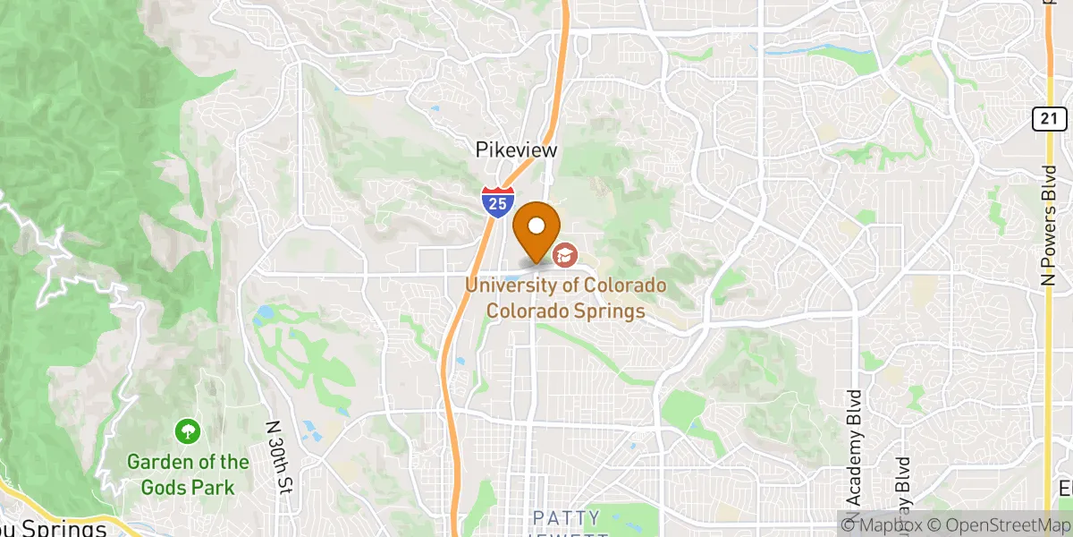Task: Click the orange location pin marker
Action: pos(537,227)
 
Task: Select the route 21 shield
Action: pos(1049,117)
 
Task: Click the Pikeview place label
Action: pos(516,151)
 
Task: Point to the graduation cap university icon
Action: pos(564,256)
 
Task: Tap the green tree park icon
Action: pos(188,431)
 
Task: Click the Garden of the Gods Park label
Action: pos(188,474)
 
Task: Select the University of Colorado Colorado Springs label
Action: pos(565,299)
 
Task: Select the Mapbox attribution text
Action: pos(881,526)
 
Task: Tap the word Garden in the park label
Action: pos(156,463)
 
